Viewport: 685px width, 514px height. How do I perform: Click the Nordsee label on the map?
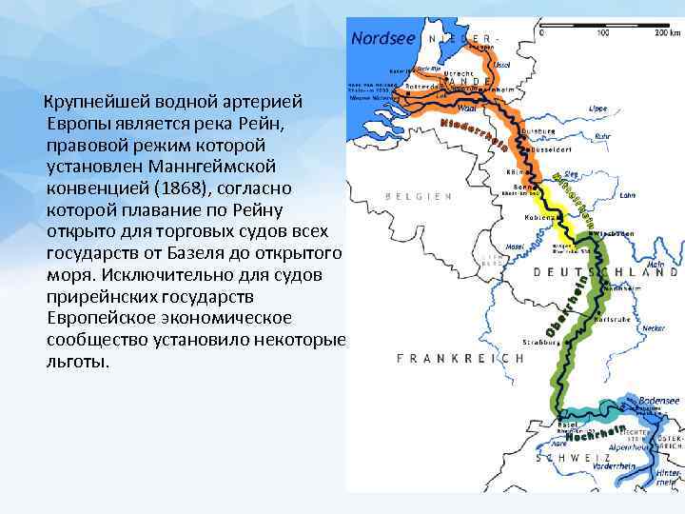point(383,39)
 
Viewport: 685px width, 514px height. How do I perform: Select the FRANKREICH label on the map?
point(460,359)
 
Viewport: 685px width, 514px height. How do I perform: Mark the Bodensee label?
point(659,401)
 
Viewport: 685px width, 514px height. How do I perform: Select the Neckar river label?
point(653,326)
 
